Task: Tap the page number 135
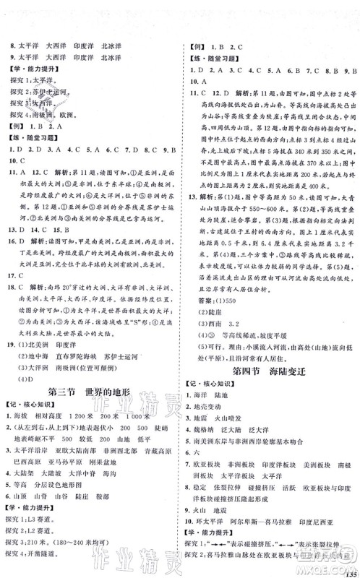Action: click(x=351, y=566)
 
